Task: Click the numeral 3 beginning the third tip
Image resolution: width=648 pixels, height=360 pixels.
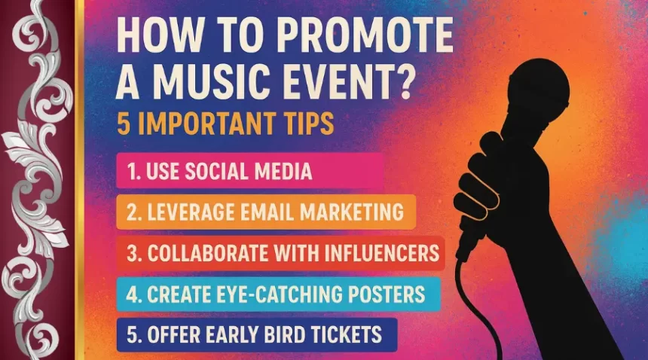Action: click(132, 252)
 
